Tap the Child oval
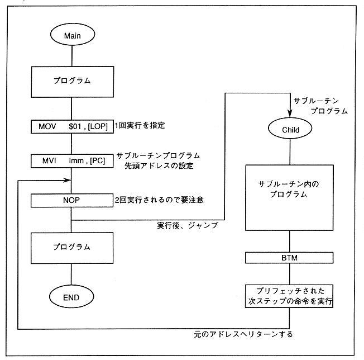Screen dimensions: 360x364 click(x=290, y=130)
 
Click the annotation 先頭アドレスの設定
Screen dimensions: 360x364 click(x=159, y=165)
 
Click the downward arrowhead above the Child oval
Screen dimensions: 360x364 click(x=290, y=114)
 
